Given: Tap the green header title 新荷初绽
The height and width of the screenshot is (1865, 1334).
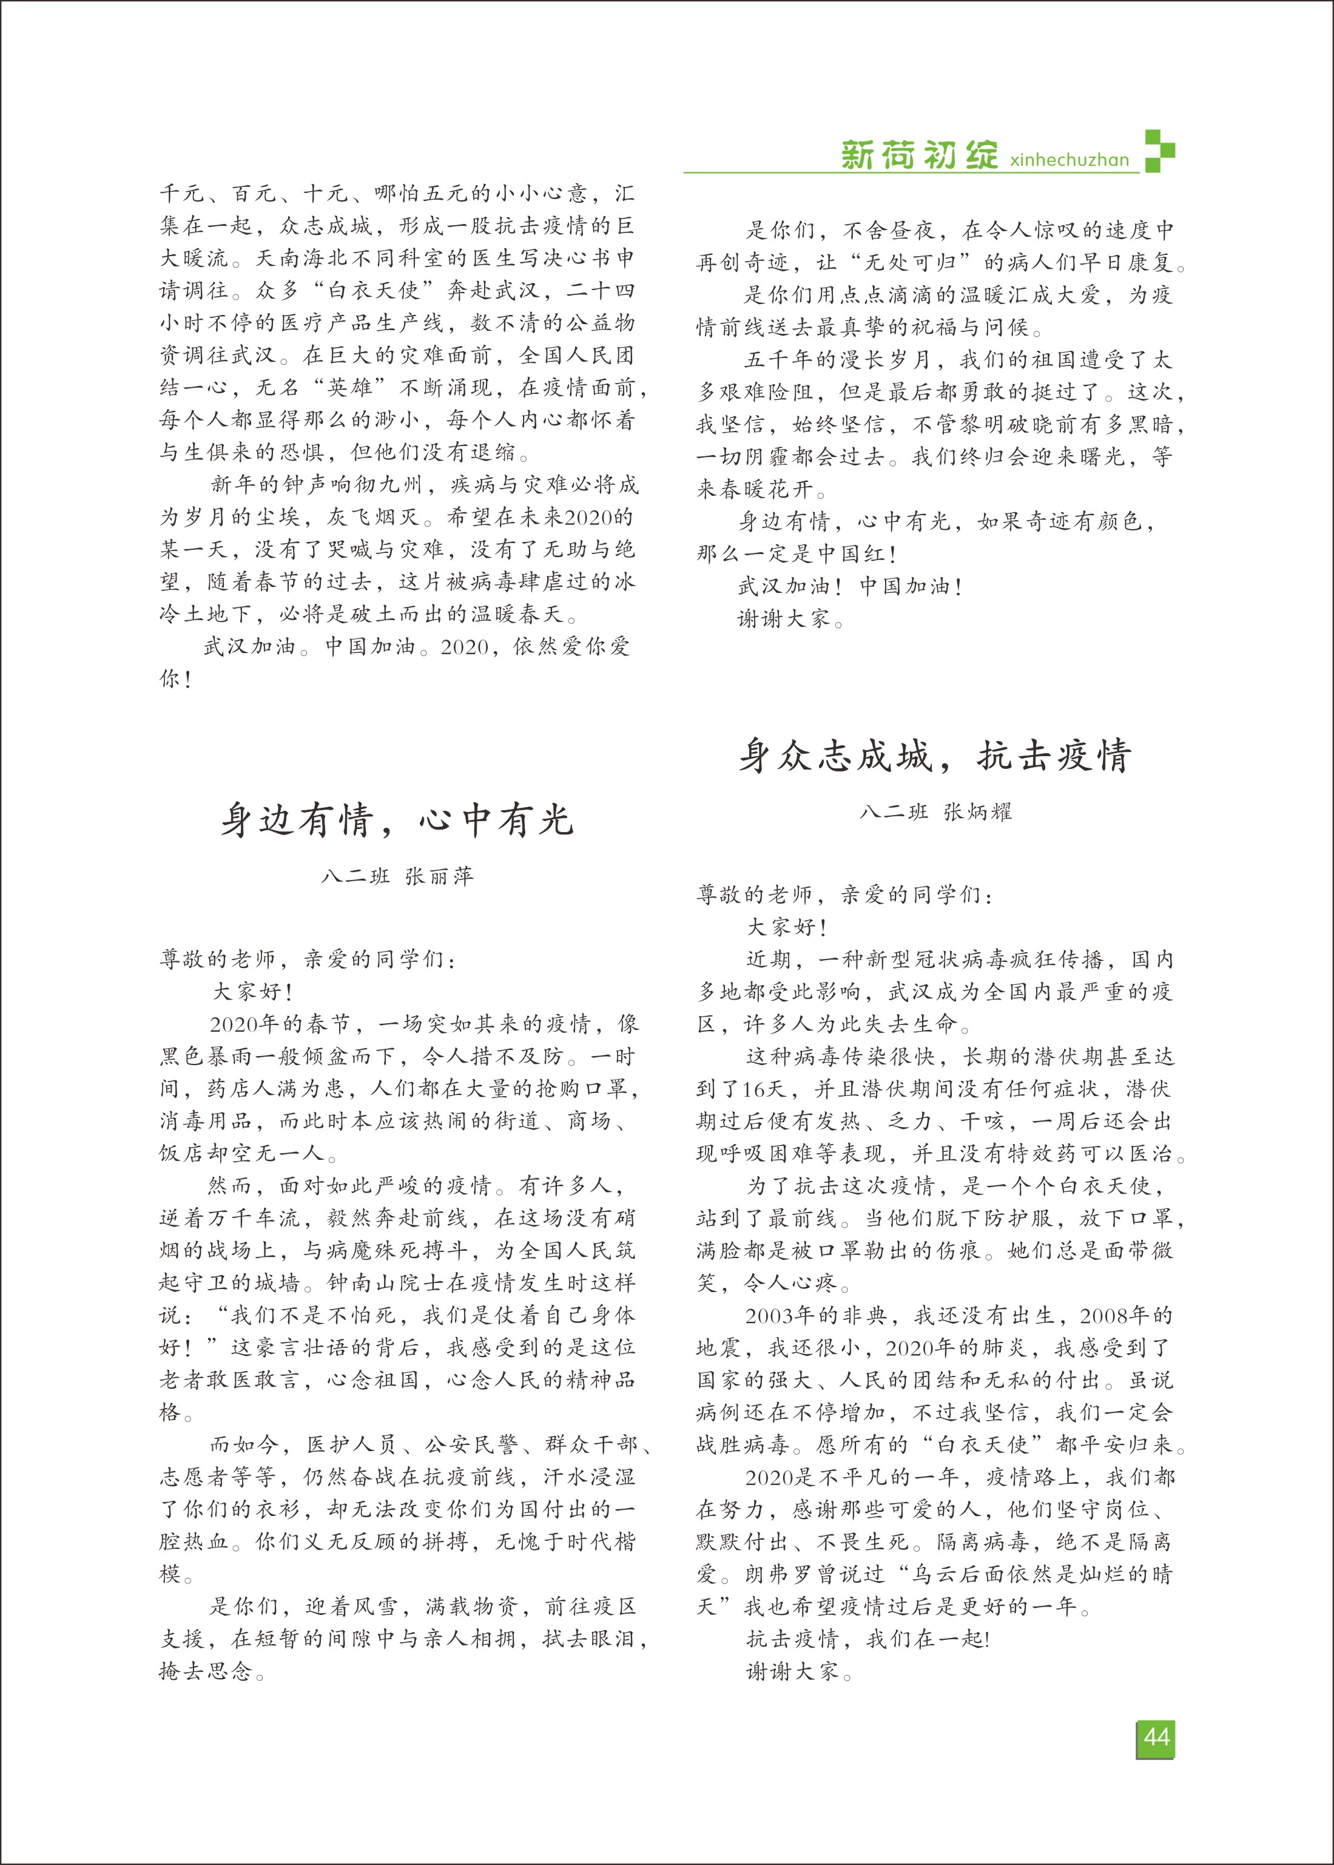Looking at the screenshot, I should [x=918, y=155].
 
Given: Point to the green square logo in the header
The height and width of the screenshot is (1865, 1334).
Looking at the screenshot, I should [x=1159, y=151].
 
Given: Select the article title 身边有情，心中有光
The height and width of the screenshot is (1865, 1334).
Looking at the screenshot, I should [x=397, y=820].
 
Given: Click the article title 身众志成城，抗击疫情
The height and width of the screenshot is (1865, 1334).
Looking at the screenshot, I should [x=935, y=755].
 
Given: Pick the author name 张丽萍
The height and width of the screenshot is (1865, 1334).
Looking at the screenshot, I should [x=439, y=876].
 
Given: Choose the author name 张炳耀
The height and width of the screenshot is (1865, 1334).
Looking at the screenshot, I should [x=977, y=811].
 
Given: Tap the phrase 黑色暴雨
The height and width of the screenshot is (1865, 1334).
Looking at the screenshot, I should [x=206, y=1057].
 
